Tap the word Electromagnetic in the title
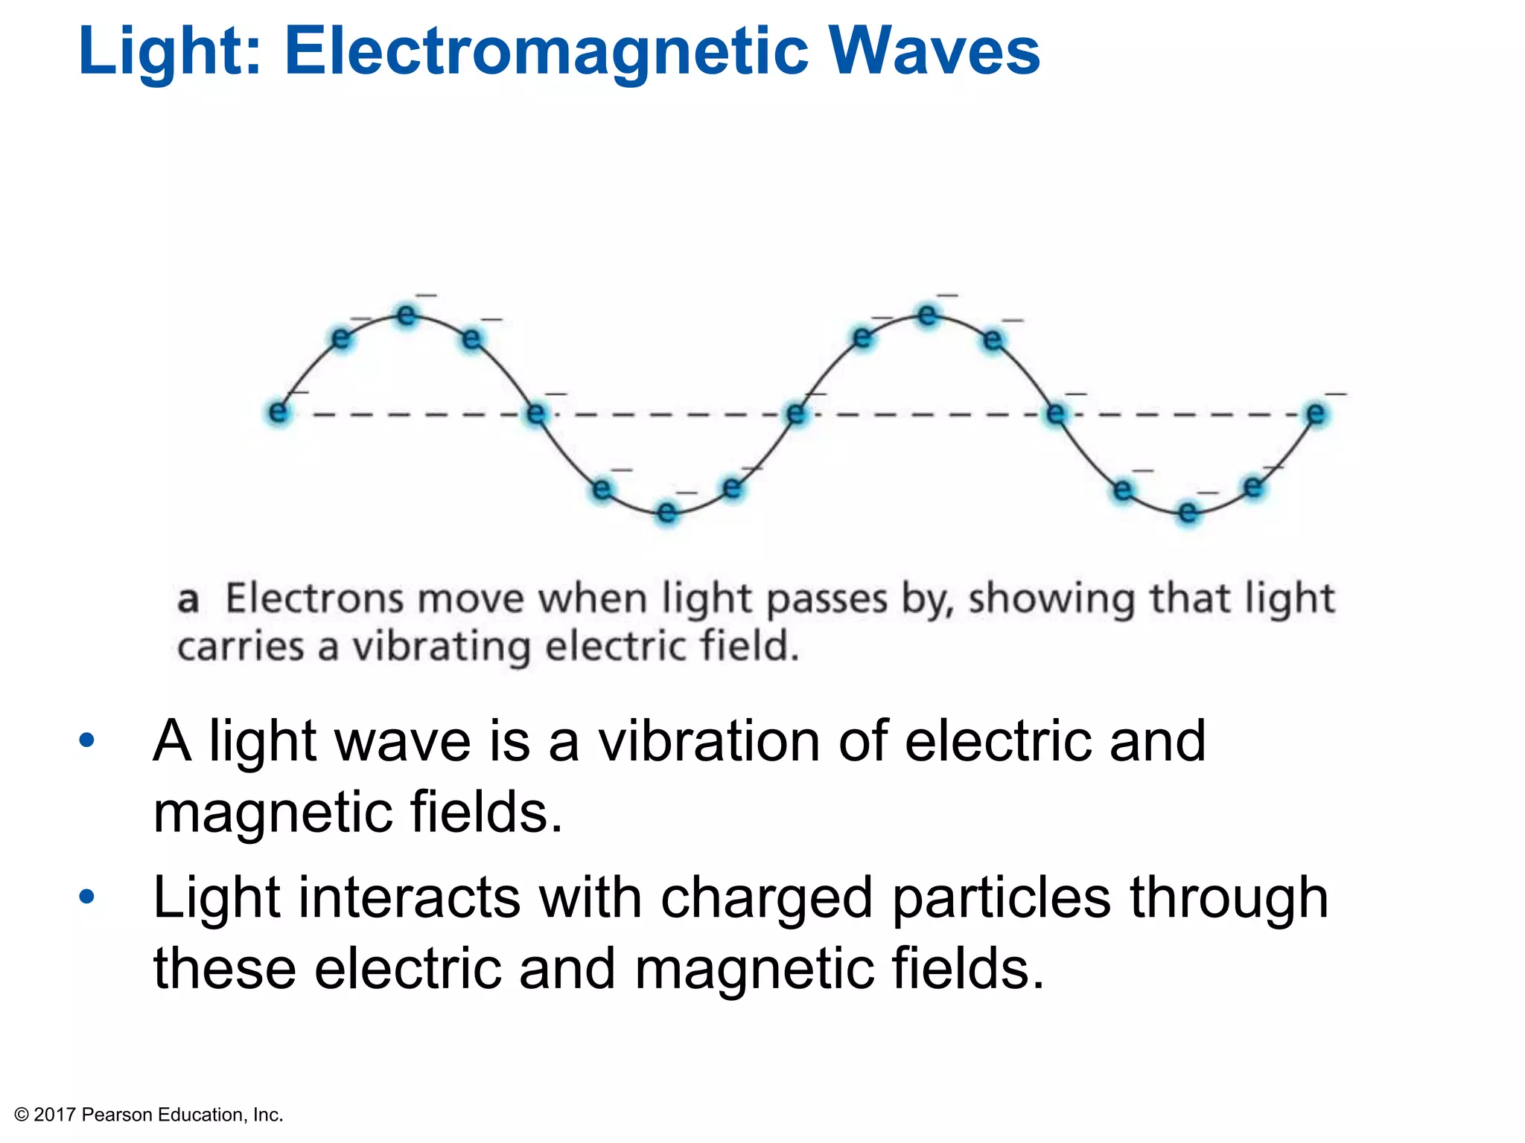[547, 52]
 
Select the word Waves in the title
[935, 52]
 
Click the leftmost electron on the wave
[278, 412]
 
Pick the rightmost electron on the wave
[1316, 413]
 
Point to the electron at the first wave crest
[407, 316]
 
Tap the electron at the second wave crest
[927, 316]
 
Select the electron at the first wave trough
[666, 512]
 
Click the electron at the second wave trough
[1188, 512]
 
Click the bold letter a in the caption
[188, 600]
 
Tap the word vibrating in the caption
[441, 647]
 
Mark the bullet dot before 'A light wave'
[87, 740]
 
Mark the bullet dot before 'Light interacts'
[87, 897]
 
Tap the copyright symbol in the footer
[22, 1115]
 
